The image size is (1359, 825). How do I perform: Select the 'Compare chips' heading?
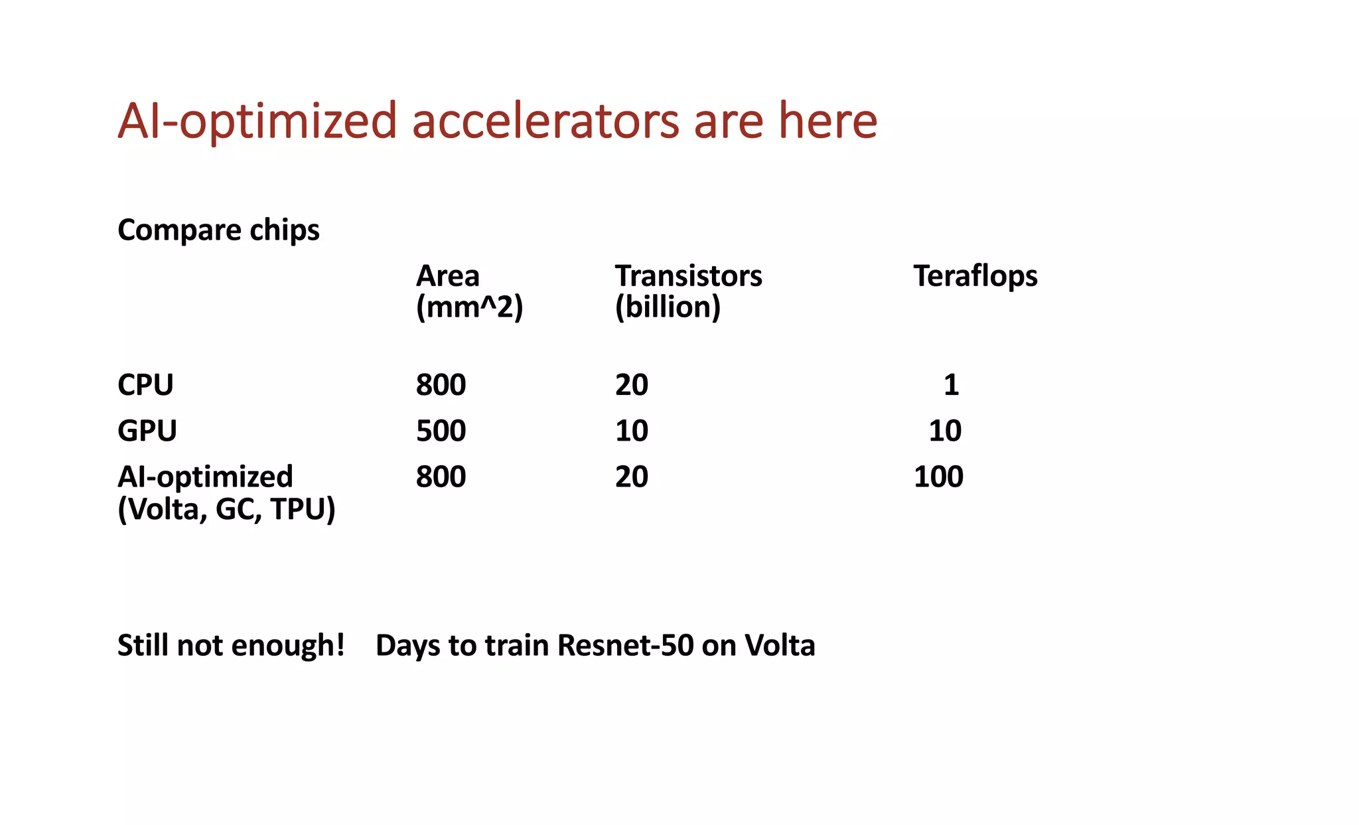(218, 230)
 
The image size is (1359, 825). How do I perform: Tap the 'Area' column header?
(447, 275)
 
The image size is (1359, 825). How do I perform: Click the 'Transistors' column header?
(688, 275)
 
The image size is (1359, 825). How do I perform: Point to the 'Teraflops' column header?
(975, 275)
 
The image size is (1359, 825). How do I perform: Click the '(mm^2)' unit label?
(469, 307)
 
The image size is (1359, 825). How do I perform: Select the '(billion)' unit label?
(667, 307)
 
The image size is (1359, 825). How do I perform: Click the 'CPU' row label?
(145, 385)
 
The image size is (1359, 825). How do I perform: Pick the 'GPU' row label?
(147, 431)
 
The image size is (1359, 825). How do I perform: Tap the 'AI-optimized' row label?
(205, 477)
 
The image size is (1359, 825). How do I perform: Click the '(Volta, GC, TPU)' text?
(226, 509)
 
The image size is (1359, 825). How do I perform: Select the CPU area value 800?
(441, 385)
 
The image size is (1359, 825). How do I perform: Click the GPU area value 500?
(441, 431)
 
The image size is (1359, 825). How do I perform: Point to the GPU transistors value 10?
(631, 431)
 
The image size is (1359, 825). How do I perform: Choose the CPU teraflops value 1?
(951, 385)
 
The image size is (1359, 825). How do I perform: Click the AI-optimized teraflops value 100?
(938, 477)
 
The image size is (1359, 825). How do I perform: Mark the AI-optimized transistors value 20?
(631, 477)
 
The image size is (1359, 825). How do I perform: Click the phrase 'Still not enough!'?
(231, 645)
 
